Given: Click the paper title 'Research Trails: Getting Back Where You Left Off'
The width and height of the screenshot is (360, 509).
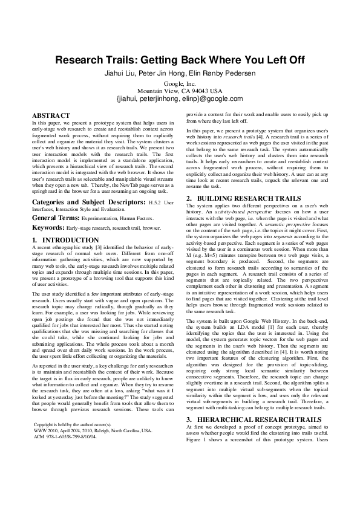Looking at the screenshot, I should [x=180, y=60].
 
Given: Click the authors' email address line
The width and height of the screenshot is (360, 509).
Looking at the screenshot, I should [x=180, y=99].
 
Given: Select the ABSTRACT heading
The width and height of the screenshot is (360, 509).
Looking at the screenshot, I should [x=51, y=115].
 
